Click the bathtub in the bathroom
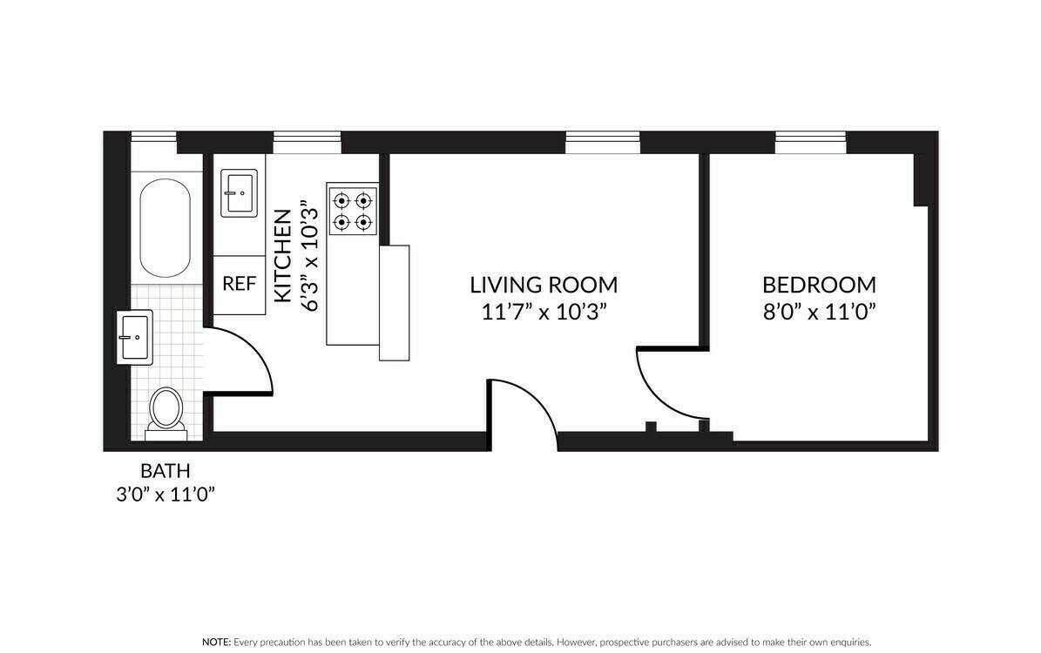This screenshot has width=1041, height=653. coord(165,227)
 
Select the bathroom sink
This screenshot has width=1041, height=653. coord(135,337)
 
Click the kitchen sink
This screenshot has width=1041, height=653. coord(239,193)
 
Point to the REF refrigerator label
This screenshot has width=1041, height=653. coord(239,284)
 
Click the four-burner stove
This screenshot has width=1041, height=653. coord(353,211)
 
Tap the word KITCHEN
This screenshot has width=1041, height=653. coord(283,255)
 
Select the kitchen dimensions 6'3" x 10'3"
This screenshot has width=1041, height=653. coord(309,255)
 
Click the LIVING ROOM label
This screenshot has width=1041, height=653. coord(544,286)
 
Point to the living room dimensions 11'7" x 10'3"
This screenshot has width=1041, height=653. coord(544,312)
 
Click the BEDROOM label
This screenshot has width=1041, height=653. coord(819,286)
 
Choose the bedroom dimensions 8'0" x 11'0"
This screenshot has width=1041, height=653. coord(819,312)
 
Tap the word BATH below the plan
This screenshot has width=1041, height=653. coord(166,471)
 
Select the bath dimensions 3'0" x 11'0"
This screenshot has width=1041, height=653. coord(166,495)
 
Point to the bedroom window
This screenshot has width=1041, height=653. coord(811,142)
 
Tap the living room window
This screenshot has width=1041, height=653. coord(603,142)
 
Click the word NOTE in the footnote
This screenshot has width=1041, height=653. coord(216,643)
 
